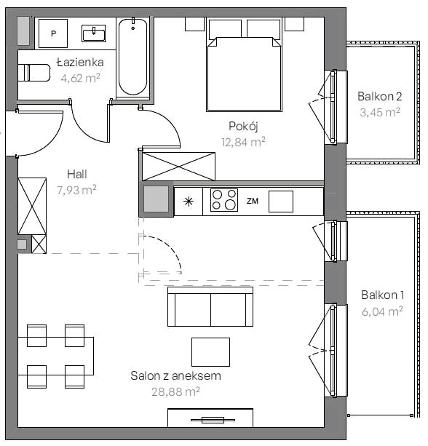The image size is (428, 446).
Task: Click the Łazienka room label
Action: (x=80, y=63)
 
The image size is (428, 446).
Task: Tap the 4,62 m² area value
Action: (x=80, y=78)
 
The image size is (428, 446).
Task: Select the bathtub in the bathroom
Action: (x=132, y=57)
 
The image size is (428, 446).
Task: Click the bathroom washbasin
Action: (x=94, y=33)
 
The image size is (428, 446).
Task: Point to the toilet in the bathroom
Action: (x=34, y=73)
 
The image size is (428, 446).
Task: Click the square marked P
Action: (x=53, y=33)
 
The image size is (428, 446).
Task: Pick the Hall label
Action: (x=77, y=174)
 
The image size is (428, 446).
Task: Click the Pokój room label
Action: (x=243, y=126)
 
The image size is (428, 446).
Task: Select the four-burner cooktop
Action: (x=224, y=200)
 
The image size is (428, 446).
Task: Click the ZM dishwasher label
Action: (x=253, y=201)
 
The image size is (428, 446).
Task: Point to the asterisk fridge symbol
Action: (x=189, y=202)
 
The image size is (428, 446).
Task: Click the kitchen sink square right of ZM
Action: (x=281, y=202)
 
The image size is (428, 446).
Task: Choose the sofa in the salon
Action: (x=210, y=306)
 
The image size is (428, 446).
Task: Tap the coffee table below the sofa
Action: (x=210, y=352)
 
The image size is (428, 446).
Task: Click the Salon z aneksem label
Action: (x=176, y=375)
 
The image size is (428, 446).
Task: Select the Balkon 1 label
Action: (x=382, y=295)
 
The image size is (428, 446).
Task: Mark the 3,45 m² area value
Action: (x=380, y=112)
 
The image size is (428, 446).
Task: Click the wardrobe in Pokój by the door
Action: (x=178, y=167)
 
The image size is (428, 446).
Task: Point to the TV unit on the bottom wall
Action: (x=210, y=418)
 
